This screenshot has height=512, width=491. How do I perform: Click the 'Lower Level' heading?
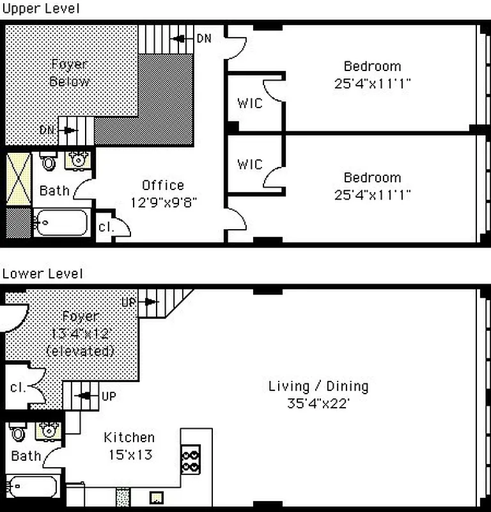coord(42,274)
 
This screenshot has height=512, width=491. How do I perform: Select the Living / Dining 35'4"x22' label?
coord(318,394)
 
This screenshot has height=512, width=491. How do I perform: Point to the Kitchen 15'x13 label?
coord(129,445)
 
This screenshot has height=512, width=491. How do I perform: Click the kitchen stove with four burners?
coord(191,459)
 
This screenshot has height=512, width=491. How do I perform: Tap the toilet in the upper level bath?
coord(49,161)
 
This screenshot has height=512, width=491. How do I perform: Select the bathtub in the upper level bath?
coord(61,225)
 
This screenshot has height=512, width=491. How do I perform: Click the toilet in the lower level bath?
coord(19,433)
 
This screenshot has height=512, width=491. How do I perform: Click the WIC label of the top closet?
coord(249,103)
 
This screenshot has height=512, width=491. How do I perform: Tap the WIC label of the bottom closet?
coord(249,164)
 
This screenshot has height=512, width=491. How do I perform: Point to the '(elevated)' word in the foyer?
coord(81,351)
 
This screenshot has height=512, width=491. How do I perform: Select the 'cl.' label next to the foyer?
coord(17,388)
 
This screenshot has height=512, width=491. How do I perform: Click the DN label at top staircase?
coord(203,38)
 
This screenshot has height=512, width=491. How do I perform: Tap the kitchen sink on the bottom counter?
coord(155,497)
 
